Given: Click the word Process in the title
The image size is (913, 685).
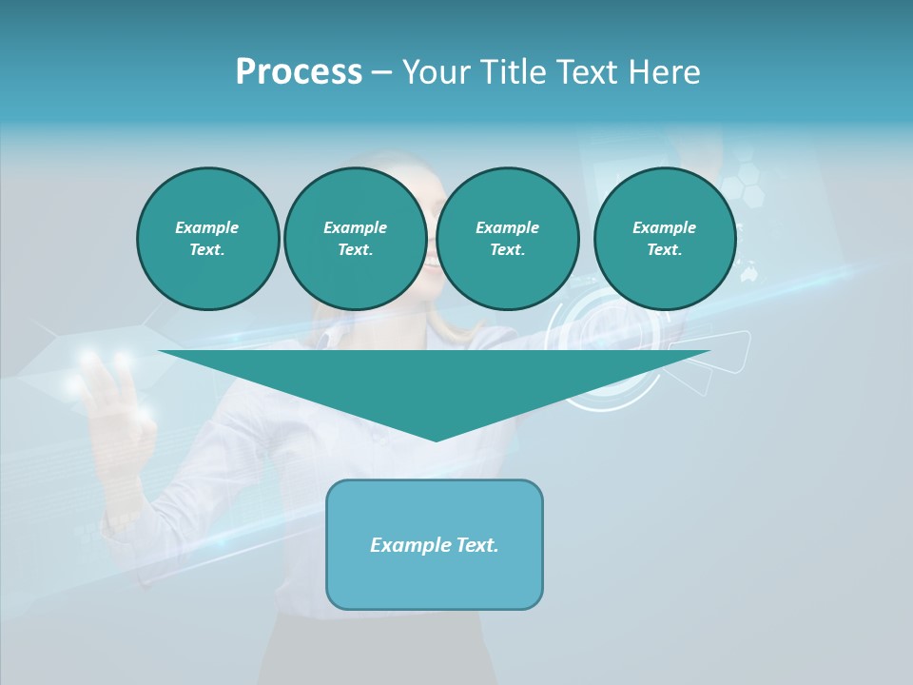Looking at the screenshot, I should coord(299,72).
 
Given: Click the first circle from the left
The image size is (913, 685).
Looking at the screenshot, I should coord(208,239).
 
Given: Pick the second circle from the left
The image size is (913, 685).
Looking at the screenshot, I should coord(356,239).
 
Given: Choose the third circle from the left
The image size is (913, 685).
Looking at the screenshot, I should coord(508,239).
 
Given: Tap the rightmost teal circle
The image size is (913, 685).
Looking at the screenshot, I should coord(665,239).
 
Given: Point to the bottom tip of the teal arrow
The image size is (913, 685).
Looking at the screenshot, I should coord(436,439).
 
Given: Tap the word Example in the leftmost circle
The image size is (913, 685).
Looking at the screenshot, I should coord(207,227).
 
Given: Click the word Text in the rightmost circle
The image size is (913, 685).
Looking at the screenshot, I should coord(663,250).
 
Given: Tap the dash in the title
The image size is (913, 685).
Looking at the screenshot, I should coord(381,72).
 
